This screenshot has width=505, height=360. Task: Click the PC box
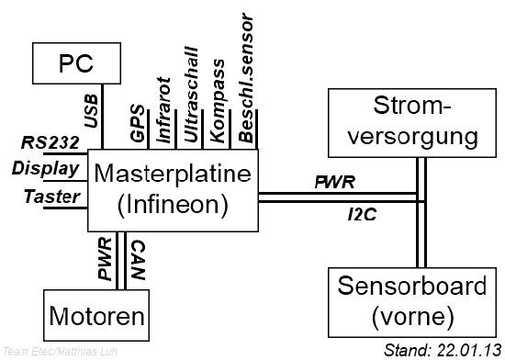coord(78,64)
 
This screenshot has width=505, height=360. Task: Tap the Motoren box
coord(96,318)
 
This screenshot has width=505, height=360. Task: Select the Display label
coord(42,167)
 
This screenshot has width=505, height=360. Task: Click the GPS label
coord(138,125)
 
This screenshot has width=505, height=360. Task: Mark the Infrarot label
coord(164,107)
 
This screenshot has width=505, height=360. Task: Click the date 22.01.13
coord(466,350)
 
